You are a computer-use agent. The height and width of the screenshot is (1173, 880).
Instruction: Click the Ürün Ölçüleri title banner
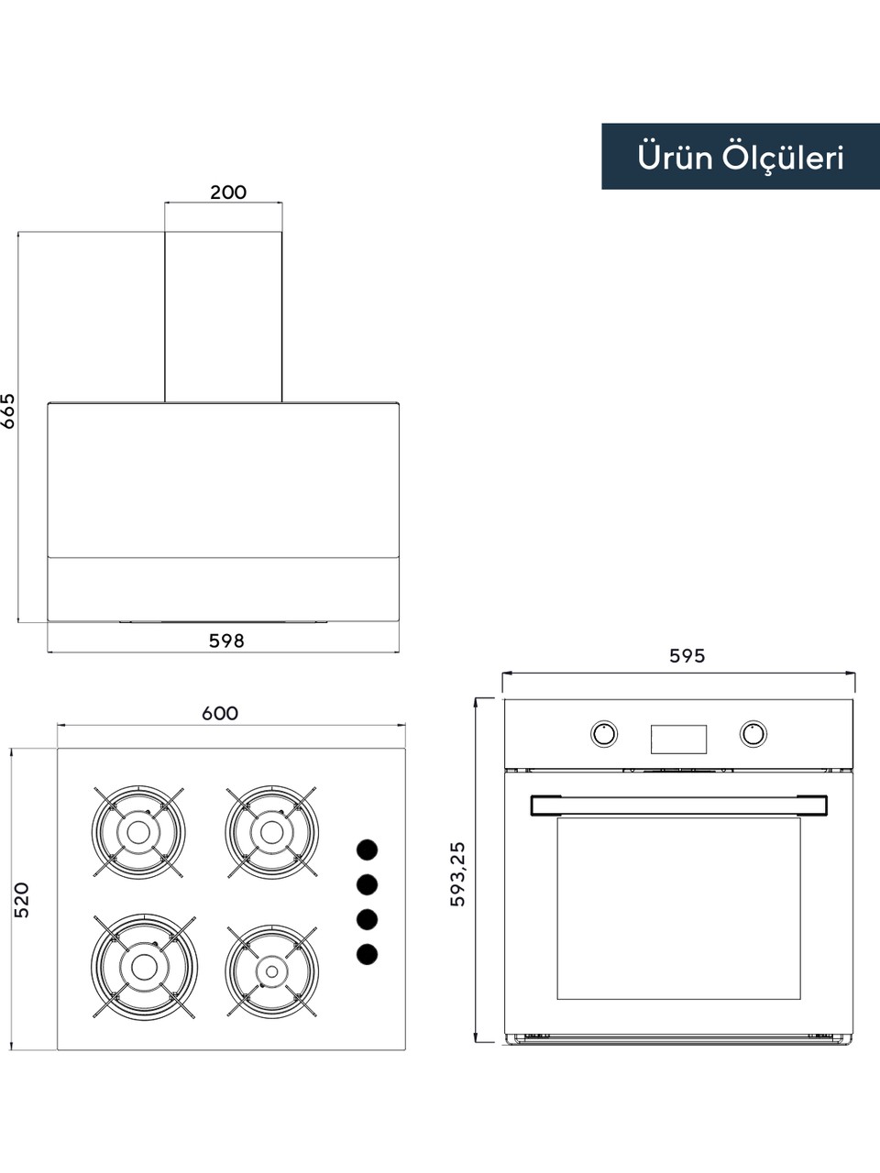(741, 156)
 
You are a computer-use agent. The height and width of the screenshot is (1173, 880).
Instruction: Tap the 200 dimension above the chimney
(228, 192)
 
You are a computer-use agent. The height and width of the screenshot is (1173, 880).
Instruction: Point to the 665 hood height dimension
(8, 411)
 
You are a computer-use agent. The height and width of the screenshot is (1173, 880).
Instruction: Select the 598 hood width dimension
(226, 641)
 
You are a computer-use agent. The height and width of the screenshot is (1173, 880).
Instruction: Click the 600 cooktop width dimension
(220, 713)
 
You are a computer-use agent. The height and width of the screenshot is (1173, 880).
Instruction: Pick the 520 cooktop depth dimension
(21, 901)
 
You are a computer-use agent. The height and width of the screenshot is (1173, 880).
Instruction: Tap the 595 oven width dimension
(687, 656)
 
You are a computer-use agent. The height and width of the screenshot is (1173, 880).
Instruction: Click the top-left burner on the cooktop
(138, 833)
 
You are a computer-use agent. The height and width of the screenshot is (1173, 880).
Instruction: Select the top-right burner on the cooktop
(271, 833)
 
